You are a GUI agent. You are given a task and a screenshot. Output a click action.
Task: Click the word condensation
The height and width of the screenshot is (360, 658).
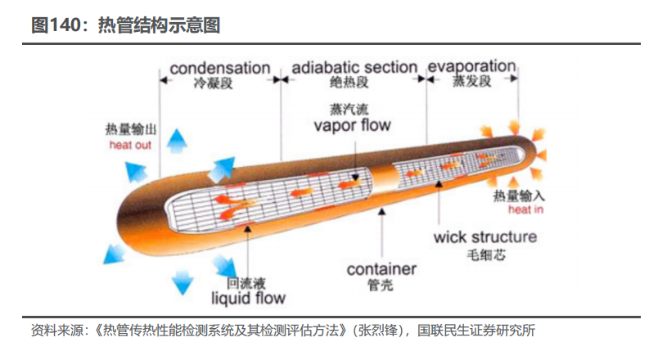[219, 67]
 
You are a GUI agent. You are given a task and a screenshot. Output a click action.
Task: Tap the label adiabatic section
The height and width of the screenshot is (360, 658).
[354, 67]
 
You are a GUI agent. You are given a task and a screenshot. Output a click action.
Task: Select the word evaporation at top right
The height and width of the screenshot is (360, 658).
[471, 65]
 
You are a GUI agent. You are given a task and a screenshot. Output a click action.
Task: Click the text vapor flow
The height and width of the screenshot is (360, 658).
[352, 125]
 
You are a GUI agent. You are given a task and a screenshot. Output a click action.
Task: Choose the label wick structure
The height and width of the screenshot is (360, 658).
[484, 237]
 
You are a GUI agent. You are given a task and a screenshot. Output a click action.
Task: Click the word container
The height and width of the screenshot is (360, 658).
[381, 268]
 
